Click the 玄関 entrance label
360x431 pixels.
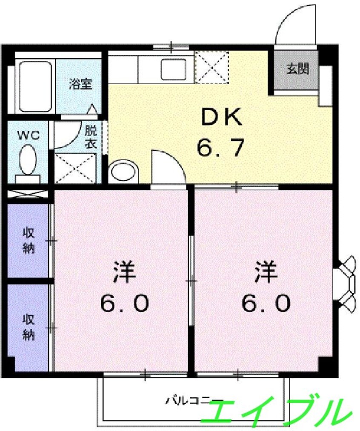297,69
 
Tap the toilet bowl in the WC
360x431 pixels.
28,160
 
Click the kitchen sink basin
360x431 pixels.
174,69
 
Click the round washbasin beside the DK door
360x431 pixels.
124,172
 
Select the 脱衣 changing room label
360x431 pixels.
91,137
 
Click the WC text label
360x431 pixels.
29,135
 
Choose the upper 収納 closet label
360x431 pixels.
29,241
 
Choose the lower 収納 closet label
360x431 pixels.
29,327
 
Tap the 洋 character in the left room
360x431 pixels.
124,272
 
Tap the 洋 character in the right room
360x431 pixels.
266,272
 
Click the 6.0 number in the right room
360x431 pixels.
266,303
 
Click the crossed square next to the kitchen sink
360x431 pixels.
211,67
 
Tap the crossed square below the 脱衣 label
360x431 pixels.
75,168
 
